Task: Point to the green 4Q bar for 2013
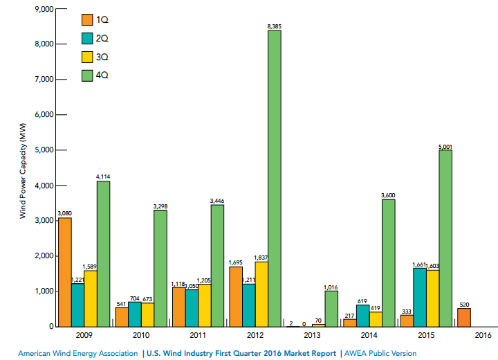pos(331,308)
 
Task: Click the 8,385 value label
pos(274,26)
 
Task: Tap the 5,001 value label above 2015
pos(445,146)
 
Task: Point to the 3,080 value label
pos(64,214)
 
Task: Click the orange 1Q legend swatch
pos(88,19)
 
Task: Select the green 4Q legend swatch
pos(88,73)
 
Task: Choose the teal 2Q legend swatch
pos(88,37)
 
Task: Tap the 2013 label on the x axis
pos(312,336)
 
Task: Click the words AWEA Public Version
pos(380,353)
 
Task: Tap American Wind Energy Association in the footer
pos(78,353)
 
